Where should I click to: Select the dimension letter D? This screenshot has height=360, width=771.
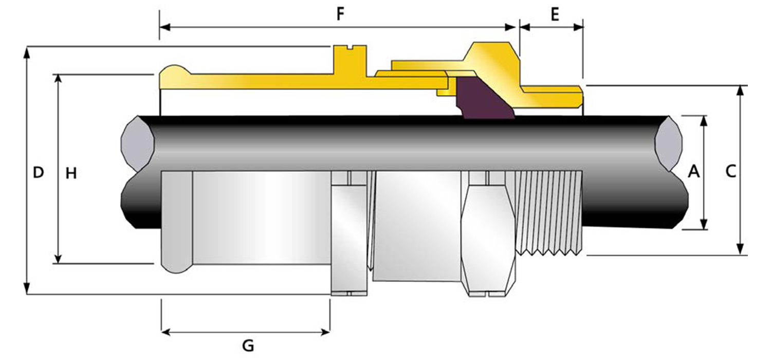coord(38,172)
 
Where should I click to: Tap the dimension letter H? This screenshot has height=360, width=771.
coord(71,174)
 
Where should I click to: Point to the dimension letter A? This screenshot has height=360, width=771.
coord(694,172)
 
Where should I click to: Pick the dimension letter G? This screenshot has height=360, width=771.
coord(248,346)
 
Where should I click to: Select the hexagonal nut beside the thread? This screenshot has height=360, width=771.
coord(488,237)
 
